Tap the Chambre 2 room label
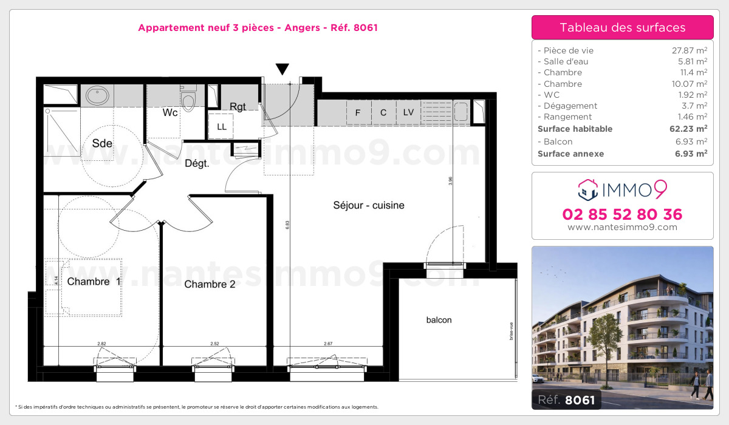tap(210, 284)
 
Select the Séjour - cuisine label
tap(369, 205)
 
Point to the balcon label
tap(439, 320)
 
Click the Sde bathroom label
tap(102, 143)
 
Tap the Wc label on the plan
tap(170, 112)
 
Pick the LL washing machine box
tap(221, 127)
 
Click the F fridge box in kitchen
tap(358, 113)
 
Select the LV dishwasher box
tap(408, 113)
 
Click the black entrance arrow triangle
tap(282, 69)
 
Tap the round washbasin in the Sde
tap(97, 95)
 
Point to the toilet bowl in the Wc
tap(189, 101)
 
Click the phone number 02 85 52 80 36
tap(622, 214)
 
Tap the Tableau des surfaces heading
tap(622, 27)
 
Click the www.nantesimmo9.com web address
tap(622, 228)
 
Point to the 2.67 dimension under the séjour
tap(327, 344)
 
